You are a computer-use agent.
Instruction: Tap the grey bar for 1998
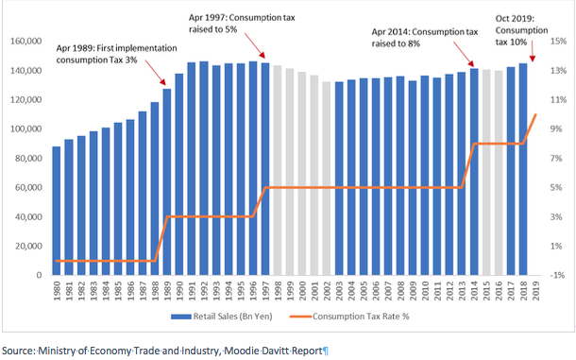pyautogui.click(x=278, y=170)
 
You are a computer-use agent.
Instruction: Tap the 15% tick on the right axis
pyautogui.click(x=557, y=42)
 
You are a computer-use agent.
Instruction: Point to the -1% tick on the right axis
pyautogui.click(x=557, y=275)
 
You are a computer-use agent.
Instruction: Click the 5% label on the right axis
pyautogui.click(x=557, y=188)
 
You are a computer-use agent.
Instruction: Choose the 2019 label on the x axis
pyautogui.click(x=535, y=293)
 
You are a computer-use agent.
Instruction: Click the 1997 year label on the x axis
pyautogui.click(x=265, y=293)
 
